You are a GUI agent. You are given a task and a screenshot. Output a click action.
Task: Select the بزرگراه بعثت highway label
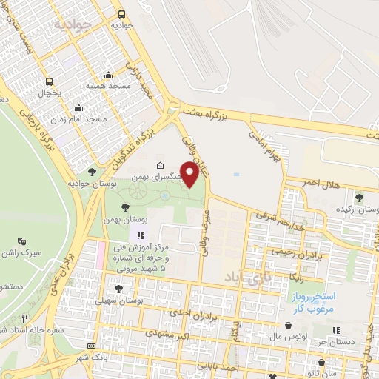click(251, 111)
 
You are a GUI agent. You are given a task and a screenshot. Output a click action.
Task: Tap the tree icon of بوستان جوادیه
click(92, 172)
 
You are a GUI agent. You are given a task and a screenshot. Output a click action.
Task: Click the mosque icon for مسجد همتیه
click(110, 75)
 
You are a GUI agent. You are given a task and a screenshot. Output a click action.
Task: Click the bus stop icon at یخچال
click(49, 82)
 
